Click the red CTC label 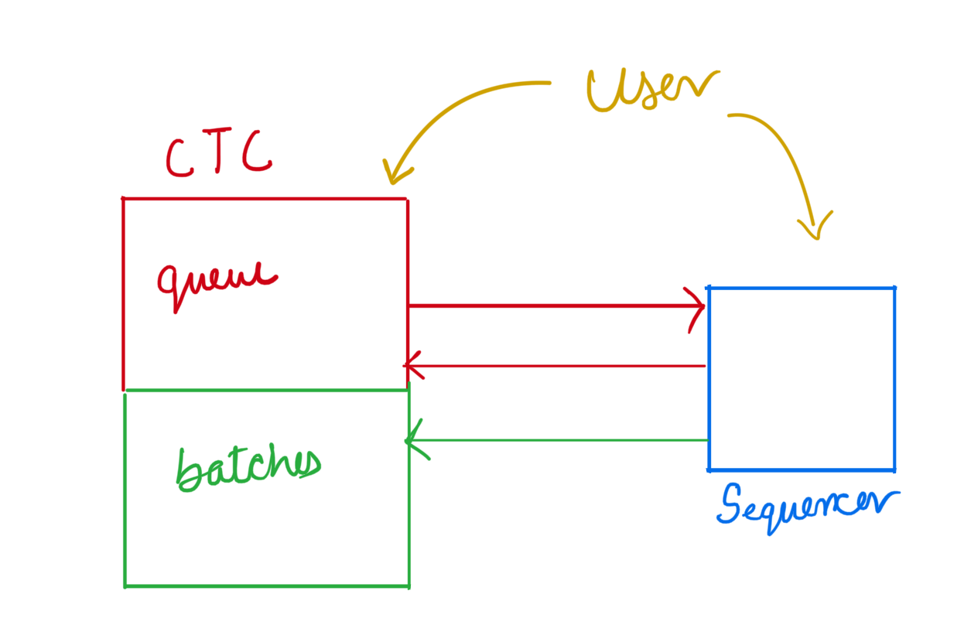219,152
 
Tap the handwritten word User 652,90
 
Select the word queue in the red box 217,286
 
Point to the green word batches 248,469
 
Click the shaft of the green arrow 558,440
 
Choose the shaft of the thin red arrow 556,366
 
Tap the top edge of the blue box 802,288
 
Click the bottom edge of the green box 267,586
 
